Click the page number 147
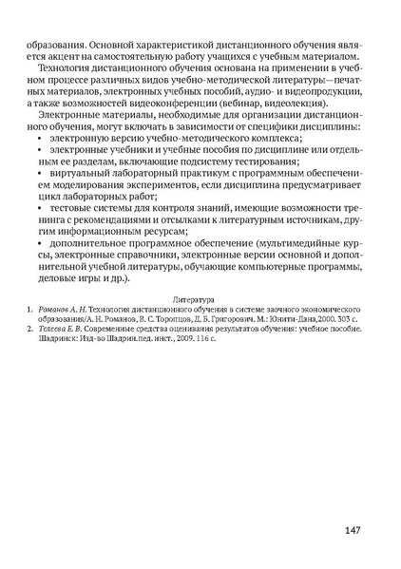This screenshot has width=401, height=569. tap(348, 528)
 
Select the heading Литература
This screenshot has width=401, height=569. tap(199, 297)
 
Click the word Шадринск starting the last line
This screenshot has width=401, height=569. tap(59, 338)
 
